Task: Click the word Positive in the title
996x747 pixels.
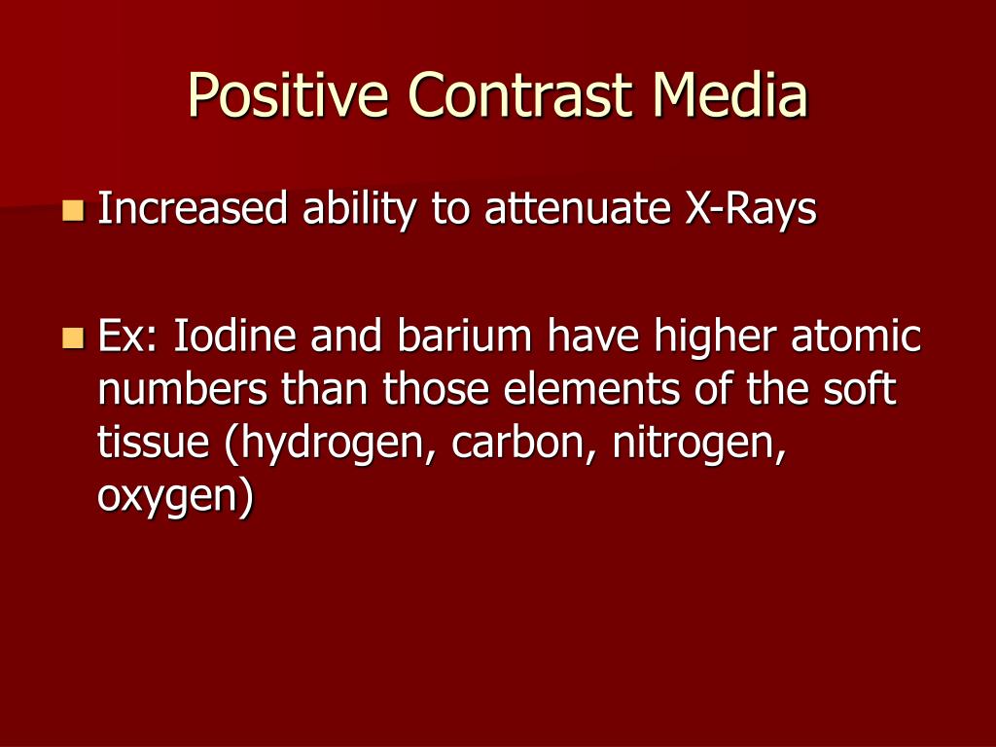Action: [x=288, y=95]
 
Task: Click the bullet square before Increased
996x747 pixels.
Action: [x=73, y=210]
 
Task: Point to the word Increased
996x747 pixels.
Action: [x=193, y=208]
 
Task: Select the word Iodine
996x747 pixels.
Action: [x=234, y=336]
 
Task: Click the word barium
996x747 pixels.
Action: [x=464, y=336]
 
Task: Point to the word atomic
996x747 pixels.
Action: [x=856, y=336]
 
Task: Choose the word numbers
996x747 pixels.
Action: [x=182, y=388]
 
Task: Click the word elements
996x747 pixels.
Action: [x=591, y=388]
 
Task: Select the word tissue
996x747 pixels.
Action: [x=153, y=443]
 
